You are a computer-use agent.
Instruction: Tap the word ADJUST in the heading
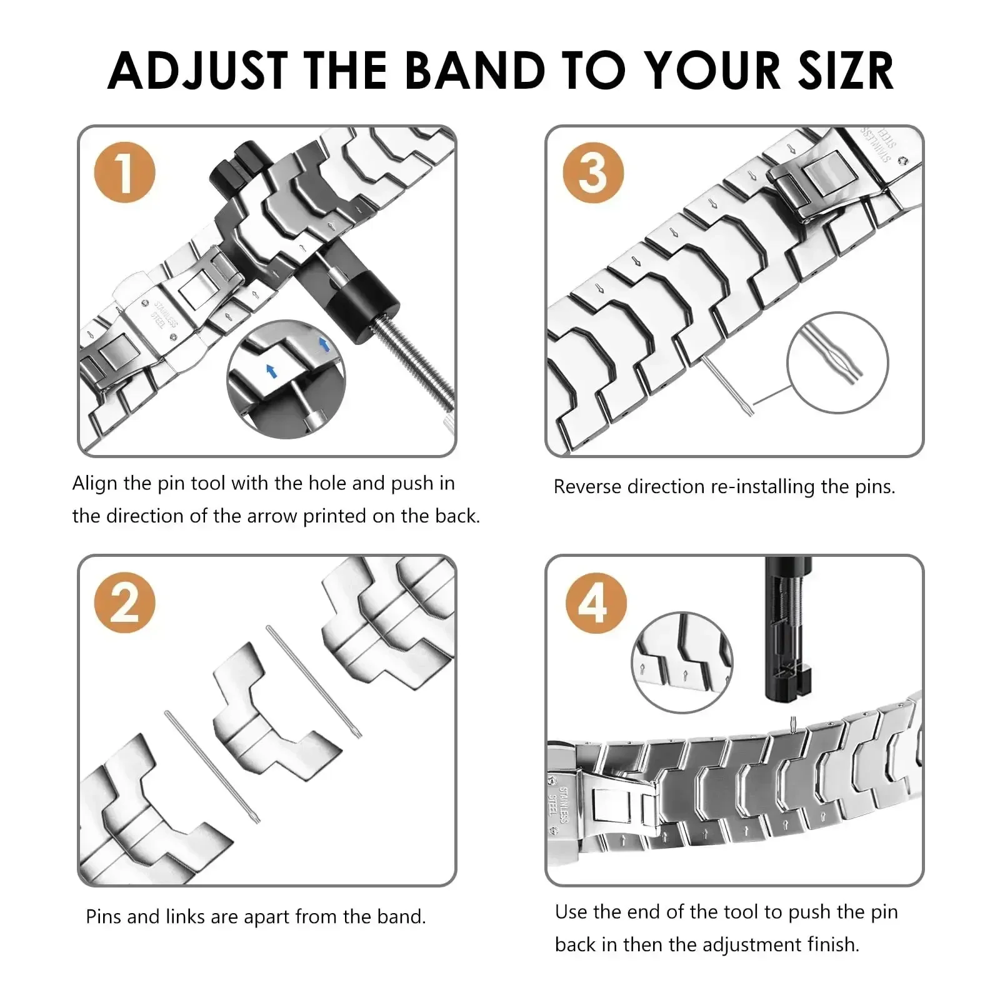198,71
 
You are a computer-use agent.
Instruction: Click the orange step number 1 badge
124,172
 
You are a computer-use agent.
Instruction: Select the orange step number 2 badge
124,602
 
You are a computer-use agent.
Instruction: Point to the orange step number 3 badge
592,172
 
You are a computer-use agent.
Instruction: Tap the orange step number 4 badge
595,603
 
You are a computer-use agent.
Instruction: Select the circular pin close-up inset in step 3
837,362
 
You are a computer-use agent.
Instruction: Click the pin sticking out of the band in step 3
728,384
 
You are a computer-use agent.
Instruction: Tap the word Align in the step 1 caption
94,483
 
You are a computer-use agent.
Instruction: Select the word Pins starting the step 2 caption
104,917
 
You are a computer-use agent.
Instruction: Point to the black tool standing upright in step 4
787,631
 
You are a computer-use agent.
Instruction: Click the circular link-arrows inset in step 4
682,662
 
